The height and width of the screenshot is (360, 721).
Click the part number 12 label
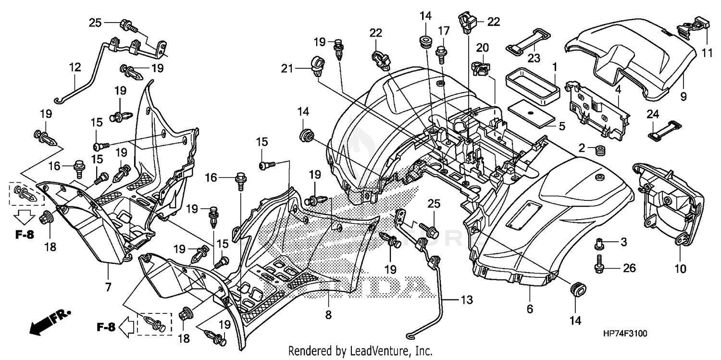(75, 68)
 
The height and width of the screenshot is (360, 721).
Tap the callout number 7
(108, 287)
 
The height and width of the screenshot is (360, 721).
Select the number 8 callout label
(328, 315)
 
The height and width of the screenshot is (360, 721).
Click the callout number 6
(530, 310)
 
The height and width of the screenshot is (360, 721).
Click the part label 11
(707, 54)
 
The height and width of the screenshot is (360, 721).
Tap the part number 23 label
(534, 58)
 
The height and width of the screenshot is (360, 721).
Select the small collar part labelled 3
(599, 244)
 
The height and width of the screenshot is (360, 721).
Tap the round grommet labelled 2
(599, 151)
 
